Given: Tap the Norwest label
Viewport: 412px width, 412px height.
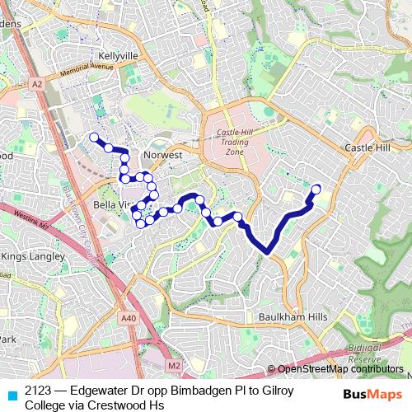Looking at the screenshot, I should pos(161,154).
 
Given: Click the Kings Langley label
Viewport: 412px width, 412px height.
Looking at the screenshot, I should pos(33,257).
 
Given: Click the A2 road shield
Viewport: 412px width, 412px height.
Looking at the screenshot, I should pos(38,83).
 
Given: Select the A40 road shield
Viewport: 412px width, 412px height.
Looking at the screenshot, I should pos(127,318).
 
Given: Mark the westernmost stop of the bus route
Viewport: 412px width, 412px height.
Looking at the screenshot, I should pos(94,137).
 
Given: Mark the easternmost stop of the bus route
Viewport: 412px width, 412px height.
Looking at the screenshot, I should pos(316,188).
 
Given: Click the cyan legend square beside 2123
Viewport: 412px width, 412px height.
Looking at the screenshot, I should pos(11,392).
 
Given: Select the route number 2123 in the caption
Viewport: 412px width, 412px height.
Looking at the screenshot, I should pos(40,391).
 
